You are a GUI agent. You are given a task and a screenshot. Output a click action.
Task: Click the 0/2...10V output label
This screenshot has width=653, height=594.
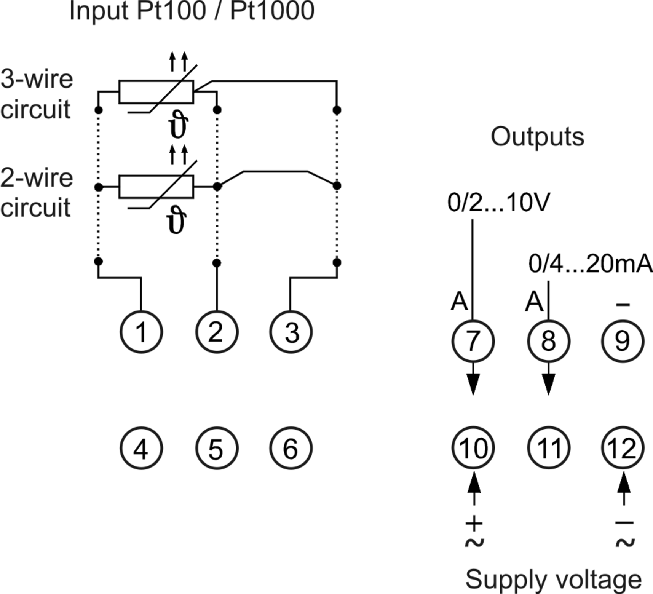[x=499, y=202]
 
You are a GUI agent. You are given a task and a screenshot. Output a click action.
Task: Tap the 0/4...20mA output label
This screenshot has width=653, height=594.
[x=590, y=263]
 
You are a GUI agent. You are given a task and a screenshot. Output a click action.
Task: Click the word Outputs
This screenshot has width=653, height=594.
[x=537, y=136]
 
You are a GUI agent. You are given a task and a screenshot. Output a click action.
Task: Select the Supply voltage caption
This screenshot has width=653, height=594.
[x=553, y=580]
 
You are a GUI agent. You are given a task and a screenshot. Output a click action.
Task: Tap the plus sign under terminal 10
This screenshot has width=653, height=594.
[x=474, y=524]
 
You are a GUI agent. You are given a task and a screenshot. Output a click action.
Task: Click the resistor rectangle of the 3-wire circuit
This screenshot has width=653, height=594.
[x=156, y=81]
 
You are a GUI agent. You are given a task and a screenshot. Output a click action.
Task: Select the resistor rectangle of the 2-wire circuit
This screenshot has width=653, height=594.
[x=156, y=176]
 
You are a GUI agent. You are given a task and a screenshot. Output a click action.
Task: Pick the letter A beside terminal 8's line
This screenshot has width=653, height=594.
[x=534, y=302]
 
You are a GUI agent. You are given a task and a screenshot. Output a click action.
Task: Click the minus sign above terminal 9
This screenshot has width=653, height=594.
[x=623, y=304]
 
